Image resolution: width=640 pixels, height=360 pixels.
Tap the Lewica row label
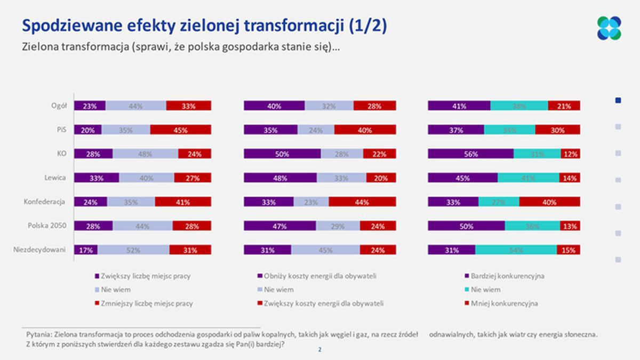55,178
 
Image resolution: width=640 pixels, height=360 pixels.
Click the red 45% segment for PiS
180,130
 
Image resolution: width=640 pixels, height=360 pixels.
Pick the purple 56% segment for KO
470,154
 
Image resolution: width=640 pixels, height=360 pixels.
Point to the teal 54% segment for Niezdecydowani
516,250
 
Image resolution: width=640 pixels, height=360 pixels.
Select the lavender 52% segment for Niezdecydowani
133,250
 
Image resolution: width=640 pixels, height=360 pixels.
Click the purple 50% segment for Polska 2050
466,226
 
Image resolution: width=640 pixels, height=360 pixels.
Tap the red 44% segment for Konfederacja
362,202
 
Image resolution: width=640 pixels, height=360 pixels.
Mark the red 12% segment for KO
570,154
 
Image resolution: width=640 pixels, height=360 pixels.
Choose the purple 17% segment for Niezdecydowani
85,250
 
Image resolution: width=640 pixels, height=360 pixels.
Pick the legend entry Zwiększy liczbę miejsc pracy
142,276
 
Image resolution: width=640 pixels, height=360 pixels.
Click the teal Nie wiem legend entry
485,290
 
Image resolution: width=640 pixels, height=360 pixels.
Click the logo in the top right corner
609,28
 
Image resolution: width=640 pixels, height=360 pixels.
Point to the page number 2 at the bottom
319,350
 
